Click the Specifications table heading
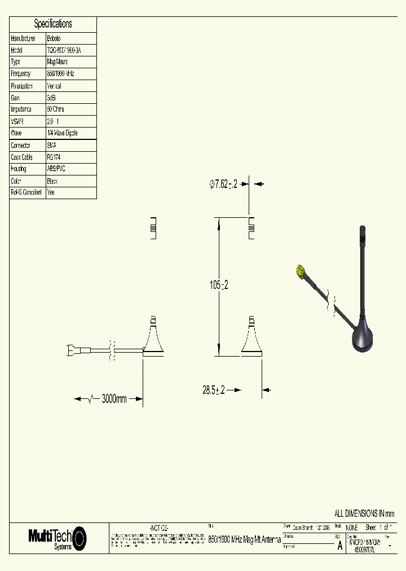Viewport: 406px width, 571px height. (53, 24)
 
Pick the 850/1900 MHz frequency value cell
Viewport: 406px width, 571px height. (60, 74)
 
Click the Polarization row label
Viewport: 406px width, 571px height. (22, 86)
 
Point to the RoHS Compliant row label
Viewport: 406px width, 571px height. (26, 192)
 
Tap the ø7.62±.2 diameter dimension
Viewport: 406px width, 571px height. (223, 184)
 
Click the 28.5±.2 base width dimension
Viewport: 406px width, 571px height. (214, 390)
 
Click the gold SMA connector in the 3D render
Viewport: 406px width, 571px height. (301, 273)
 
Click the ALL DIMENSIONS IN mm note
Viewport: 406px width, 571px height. (364, 513)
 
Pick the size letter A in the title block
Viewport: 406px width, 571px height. (339, 546)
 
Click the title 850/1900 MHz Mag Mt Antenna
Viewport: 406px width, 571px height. (245, 539)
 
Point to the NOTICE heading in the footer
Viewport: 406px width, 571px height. (158, 527)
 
